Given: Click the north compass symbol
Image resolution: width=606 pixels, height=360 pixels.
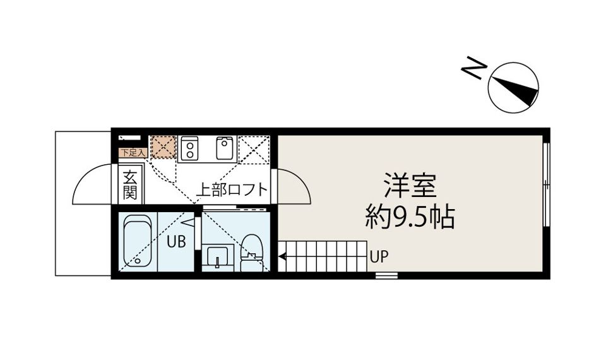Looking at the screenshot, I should (x=513, y=88).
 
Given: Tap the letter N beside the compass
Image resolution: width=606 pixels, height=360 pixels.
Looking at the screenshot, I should (x=473, y=68).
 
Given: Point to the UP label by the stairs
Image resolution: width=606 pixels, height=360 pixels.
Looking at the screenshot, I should (x=379, y=257).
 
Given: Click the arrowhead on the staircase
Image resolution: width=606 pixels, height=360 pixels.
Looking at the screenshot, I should (x=282, y=256).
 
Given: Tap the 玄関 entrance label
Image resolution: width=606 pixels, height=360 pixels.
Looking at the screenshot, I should (x=130, y=184).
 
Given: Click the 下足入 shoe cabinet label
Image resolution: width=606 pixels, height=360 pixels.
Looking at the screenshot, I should (x=133, y=152).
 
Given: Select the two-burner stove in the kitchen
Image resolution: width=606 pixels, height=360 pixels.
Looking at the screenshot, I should (x=189, y=148).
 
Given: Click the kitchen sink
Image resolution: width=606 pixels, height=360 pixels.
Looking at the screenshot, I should (x=225, y=148).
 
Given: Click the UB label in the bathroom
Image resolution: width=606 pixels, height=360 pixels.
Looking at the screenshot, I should (x=175, y=242).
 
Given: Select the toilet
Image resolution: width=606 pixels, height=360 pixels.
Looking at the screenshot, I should (x=252, y=252).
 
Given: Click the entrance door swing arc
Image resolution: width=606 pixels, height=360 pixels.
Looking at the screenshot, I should (x=93, y=185).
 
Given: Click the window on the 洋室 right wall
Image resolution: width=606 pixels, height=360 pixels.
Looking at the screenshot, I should (x=547, y=184).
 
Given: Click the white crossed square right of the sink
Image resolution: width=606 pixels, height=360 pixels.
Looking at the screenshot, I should (x=256, y=149).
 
